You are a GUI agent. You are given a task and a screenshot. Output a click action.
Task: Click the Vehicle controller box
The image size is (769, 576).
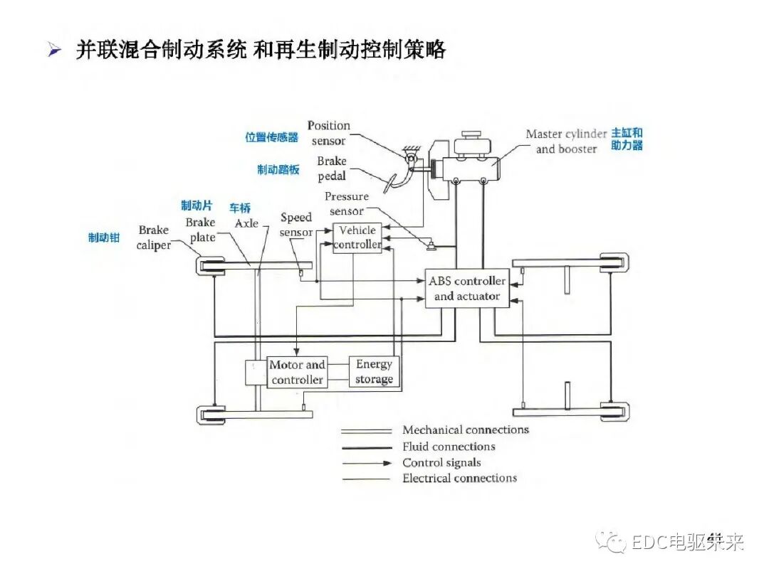(x=357, y=238)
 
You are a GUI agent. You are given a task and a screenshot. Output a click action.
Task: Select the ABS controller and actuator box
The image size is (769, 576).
(x=467, y=288)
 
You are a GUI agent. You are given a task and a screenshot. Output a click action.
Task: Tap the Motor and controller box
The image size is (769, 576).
(x=297, y=372)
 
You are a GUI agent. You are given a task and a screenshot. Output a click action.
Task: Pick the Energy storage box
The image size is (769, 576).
(x=374, y=372)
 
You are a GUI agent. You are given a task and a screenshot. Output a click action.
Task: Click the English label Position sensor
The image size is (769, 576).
(x=328, y=133)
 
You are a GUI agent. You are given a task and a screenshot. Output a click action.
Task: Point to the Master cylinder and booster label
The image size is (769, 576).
(x=566, y=141)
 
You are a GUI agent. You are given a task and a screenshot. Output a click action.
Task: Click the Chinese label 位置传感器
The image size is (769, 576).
(x=272, y=137)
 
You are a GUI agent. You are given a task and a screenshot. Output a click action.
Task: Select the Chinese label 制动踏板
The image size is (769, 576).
(x=278, y=170)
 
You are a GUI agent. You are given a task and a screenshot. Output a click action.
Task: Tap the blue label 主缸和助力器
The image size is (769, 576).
(x=627, y=139)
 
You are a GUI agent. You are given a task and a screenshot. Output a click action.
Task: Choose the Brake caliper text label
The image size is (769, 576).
(x=154, y=238)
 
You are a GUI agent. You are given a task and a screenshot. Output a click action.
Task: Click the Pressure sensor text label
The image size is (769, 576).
(x=347, y=203)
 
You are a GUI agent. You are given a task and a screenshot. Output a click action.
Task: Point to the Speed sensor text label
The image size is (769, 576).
(x=296, y=225)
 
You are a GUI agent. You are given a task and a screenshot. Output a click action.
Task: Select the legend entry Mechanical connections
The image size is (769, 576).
(x=466, y=430)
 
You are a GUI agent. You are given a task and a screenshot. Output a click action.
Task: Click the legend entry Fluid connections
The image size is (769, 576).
(x=449, y=447)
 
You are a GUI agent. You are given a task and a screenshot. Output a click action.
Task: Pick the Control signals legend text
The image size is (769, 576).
(x=441, y=462)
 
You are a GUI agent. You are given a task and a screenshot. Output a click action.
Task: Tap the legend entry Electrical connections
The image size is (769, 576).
(x=459, y=478)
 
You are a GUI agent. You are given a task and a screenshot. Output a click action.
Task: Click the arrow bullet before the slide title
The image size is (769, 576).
(x=53, y=50)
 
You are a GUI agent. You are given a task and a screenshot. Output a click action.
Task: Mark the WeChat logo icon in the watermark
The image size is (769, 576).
(x=612, y=541)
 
